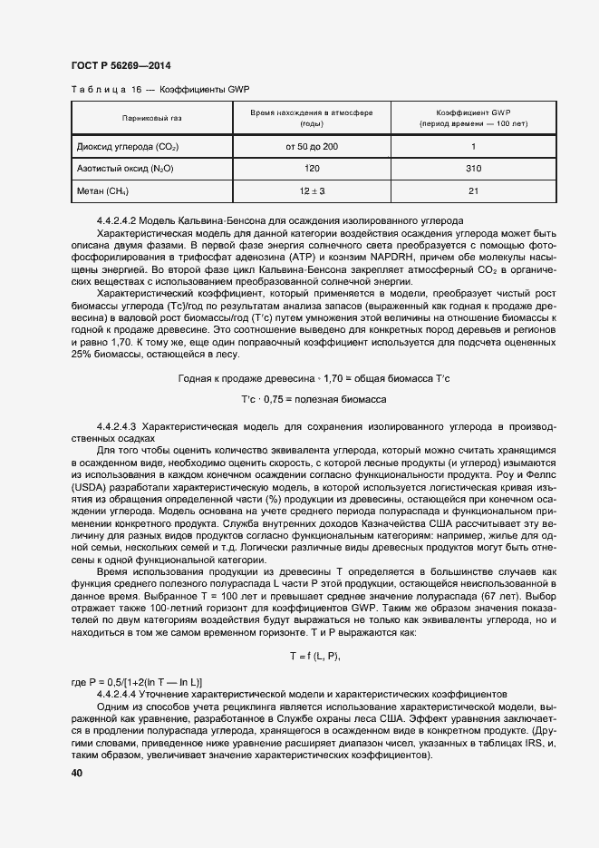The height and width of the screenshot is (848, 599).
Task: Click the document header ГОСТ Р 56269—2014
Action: pyautogui.click(x=120, y=65)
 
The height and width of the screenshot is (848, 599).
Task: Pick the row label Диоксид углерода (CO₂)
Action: pyautogui.click(x=127, y=147)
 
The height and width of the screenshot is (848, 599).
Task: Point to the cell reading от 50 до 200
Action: pyautogui.click(x=312, y=147)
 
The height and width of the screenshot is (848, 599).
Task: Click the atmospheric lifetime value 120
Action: pyautogui.click(x=312, y=169)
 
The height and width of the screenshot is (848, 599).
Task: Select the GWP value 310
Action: pyautogui.click(x=473, y=169)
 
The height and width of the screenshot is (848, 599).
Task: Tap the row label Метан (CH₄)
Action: pyautogui.click(x=101, y=191)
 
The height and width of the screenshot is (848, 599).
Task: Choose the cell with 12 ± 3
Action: pyautogui.click(x=312, y=191)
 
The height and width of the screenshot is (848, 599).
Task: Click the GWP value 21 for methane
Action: pyautogui.click(x=473, y=191)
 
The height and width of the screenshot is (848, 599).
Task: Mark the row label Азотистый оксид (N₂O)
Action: pyautogui.click(x=125, y=169)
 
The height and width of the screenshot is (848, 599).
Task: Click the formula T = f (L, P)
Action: pyautogui.click(x=314, y=655)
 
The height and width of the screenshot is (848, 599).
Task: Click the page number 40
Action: pyautogui.click(x=76, y=773)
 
